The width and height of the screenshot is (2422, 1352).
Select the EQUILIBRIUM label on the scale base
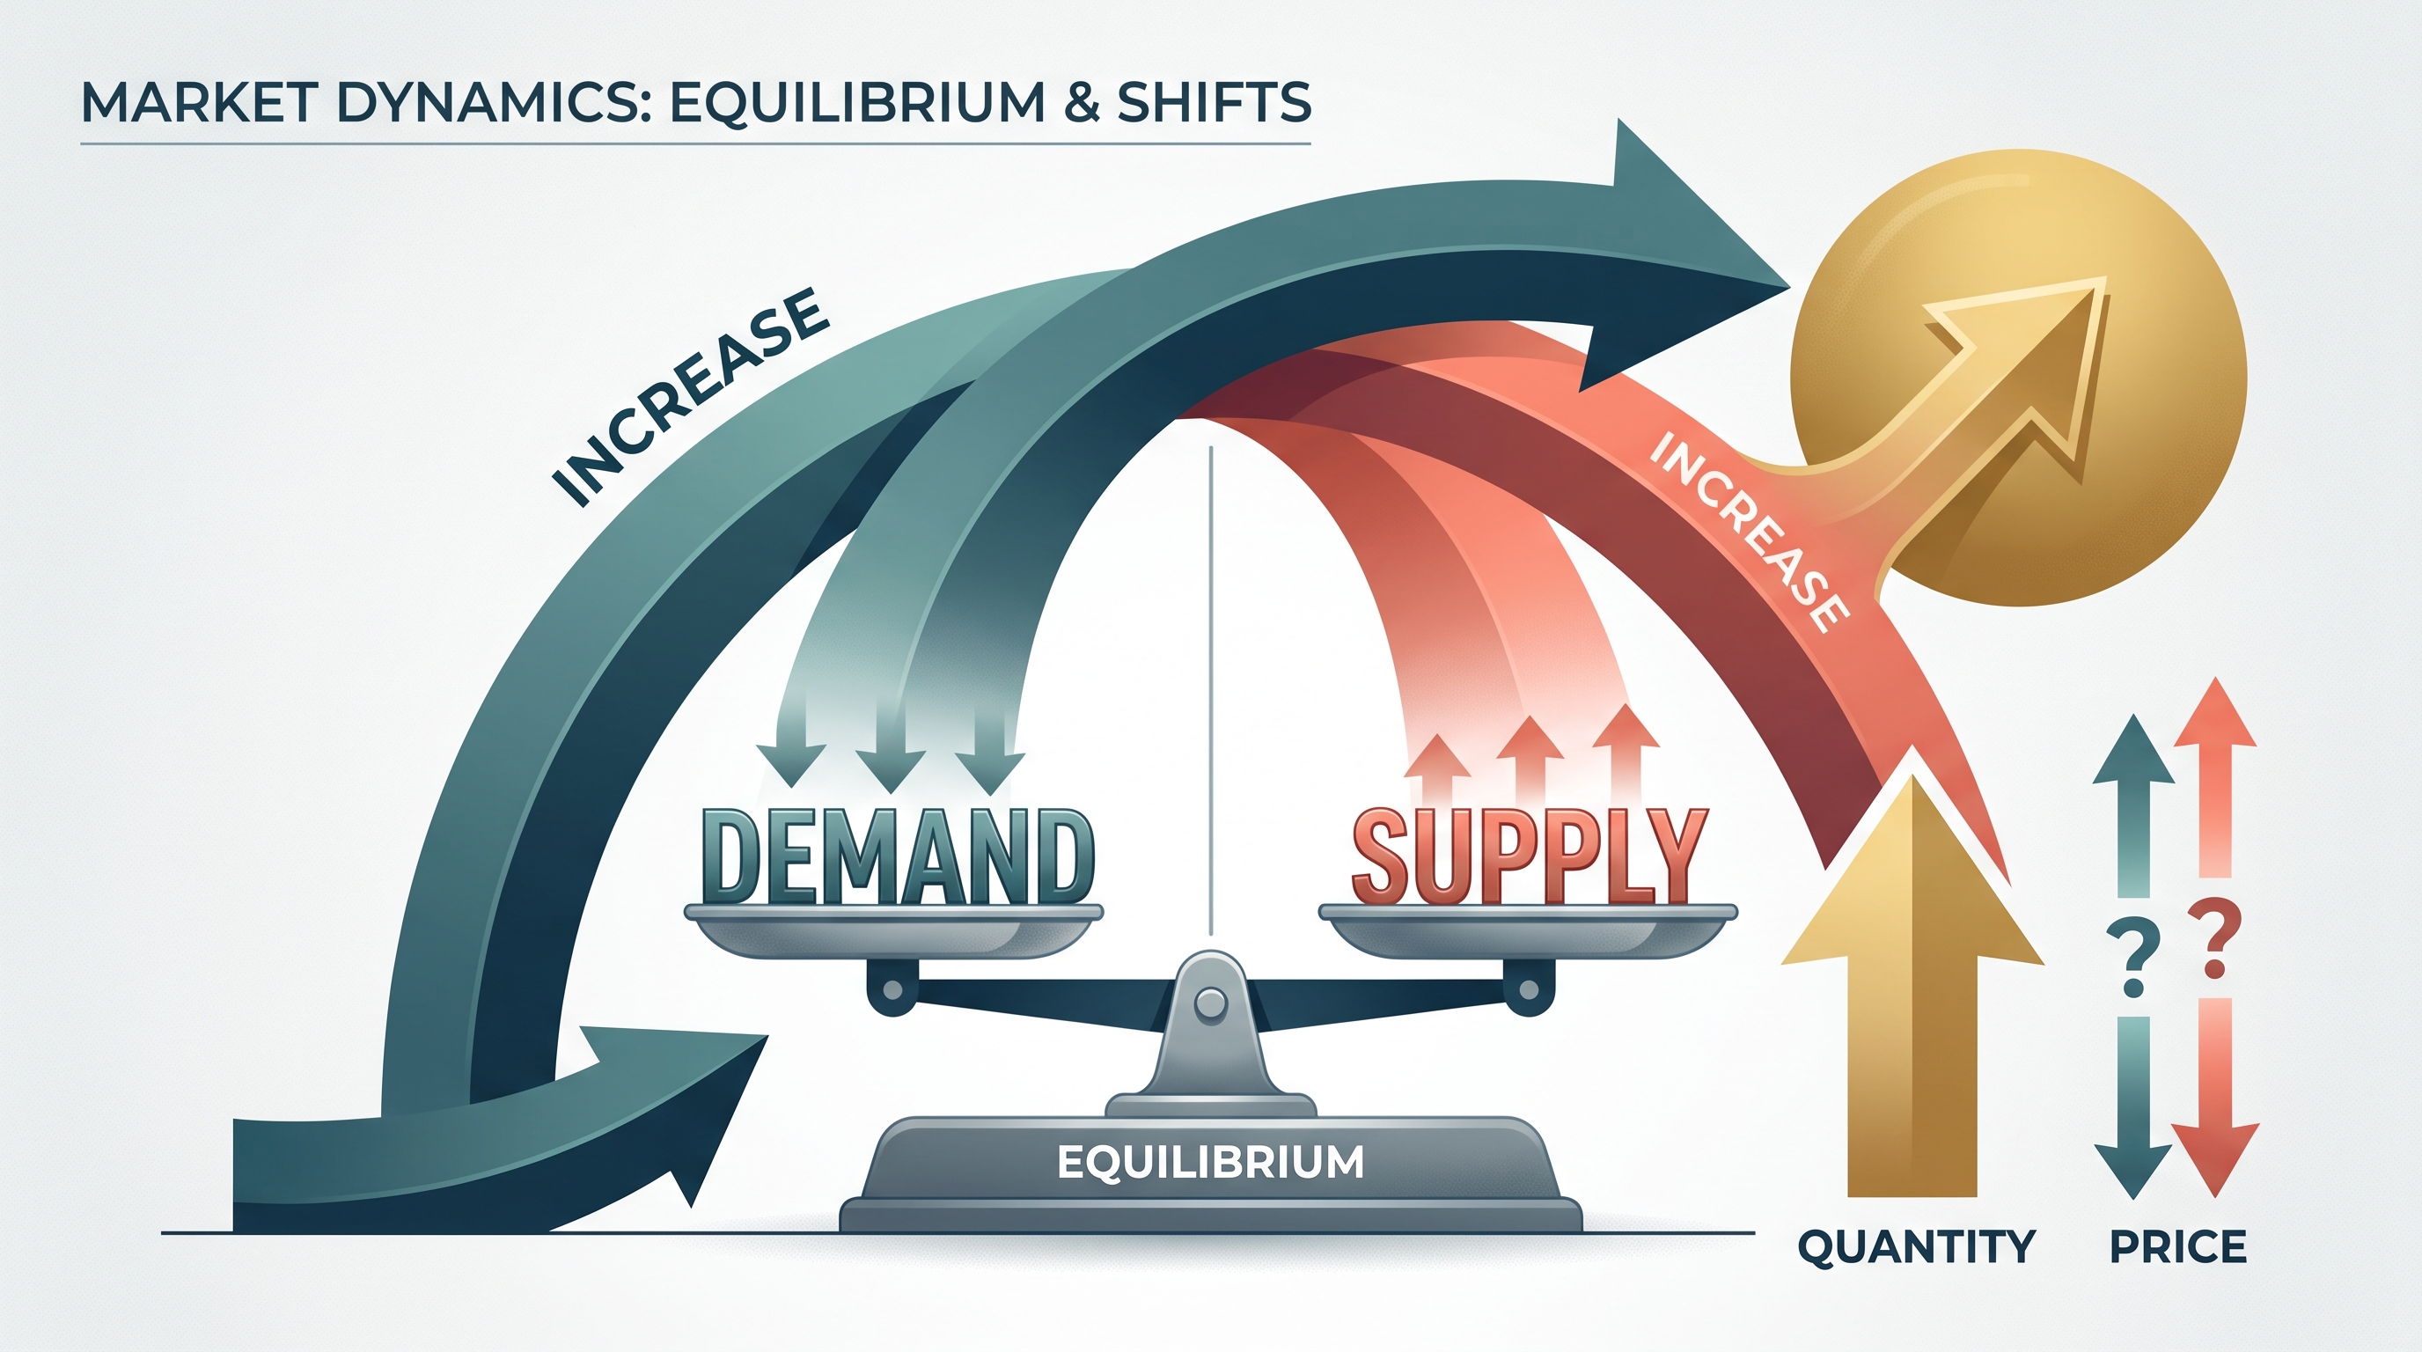1211,1162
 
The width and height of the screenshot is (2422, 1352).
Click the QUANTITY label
1916,1247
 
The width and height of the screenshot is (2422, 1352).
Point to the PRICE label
2177,1247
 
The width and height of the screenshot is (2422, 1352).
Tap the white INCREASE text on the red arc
1749,532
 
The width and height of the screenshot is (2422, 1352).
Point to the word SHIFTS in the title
1214,102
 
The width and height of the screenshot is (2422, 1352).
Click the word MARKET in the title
198,102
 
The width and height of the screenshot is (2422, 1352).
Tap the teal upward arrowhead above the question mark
2133,749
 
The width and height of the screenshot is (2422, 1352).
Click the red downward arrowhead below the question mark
2213,1160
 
